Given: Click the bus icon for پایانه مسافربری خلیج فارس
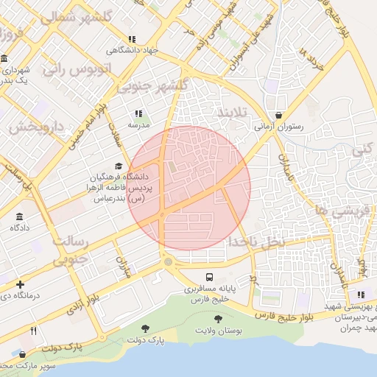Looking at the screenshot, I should pos(210,278).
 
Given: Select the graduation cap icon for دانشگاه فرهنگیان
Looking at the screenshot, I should pos(119,166).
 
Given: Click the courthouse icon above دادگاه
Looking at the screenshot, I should pos(18,217).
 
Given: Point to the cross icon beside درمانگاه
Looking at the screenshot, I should pos(20,284).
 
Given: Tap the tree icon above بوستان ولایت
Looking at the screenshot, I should pos(218,319).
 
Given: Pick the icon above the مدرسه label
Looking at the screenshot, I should pos(138,113).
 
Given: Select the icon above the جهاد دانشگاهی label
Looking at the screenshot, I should pos(132,39).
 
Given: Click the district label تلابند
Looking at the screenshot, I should pos(233,111).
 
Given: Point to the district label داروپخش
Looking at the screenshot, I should pos(34,127).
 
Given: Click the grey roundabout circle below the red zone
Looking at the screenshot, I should pos(169,262).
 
